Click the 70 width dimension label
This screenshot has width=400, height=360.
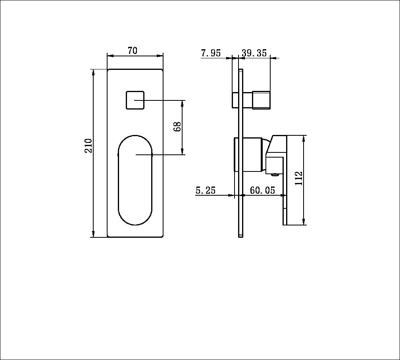pyautogui.click(x=133, y=50)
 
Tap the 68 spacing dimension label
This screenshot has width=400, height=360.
pyautogui.click(x=177, y=127)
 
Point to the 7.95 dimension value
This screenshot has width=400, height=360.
pyautogui.click(x=211, y=53)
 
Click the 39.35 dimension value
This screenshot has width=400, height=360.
pyautogui.click(x=254, y=53)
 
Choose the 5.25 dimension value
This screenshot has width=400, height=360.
pyautogui.click(x=206, y=191)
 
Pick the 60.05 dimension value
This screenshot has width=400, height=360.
pyautogui.click(x=262, y=191)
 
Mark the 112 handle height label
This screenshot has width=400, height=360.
pyautogui.click(x=299, y=178)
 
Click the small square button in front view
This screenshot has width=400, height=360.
pyautogui.click(x=135, y=100)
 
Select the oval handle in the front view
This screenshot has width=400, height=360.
pyautogui.click(x=135, y=181)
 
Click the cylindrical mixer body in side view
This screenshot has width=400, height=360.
pyautogui.click(x=252, y=155)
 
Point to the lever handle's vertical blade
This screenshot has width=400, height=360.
pyautogui.click(x=285, y=198)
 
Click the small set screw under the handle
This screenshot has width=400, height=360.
pyautogui.click(x=273, y=173)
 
